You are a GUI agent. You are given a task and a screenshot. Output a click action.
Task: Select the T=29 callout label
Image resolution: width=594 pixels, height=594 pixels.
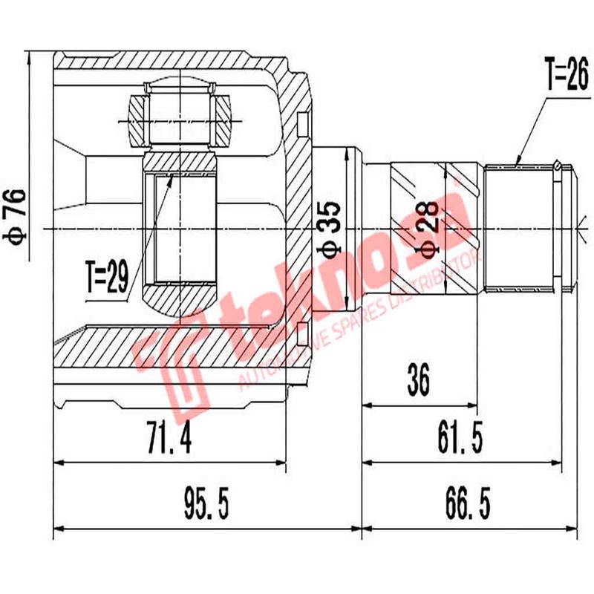coord(106,278)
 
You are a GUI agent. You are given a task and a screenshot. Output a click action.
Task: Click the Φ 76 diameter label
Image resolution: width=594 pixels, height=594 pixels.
coord(16,216)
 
